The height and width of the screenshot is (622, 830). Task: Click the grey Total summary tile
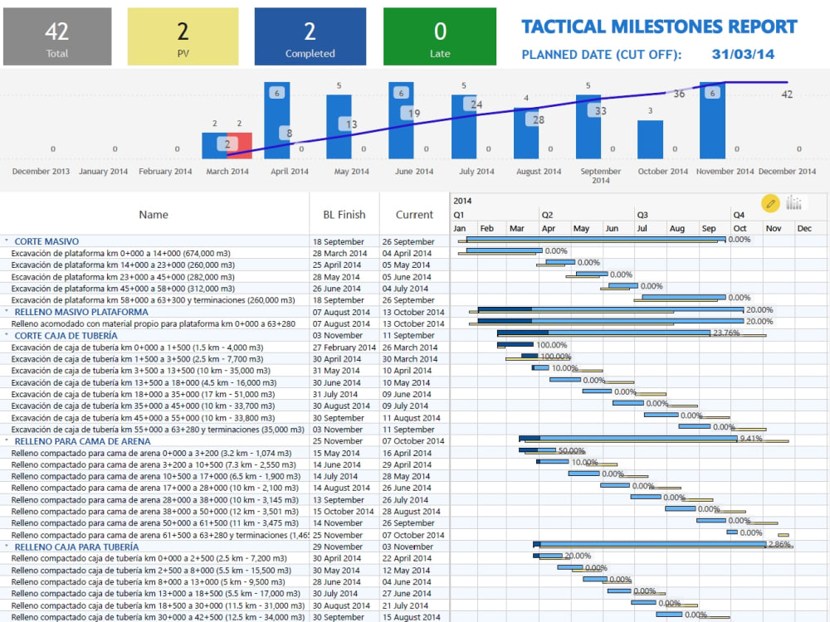point(57,36)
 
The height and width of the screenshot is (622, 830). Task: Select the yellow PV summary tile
point(183,36)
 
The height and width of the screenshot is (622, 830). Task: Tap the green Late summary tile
point(440,36)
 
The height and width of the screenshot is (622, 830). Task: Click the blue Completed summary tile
point(310,36)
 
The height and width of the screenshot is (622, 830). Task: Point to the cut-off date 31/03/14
point(743,55)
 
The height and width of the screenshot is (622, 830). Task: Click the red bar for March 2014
point(239,145)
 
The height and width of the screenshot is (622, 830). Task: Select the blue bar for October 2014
point(650,139)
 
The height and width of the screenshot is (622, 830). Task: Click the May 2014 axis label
point(351,172)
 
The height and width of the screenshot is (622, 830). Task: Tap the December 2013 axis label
point(41,172)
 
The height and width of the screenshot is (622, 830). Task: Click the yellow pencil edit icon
point(770,203)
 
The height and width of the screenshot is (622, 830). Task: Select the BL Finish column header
point(344,215)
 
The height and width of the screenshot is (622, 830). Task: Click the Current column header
point(414,215)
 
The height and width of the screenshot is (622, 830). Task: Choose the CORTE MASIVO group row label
point(46,241)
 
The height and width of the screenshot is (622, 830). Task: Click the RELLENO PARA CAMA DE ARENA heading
point(82,441)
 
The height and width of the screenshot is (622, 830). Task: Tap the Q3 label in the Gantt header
point(642,215)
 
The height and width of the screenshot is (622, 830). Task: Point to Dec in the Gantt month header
point(804,229)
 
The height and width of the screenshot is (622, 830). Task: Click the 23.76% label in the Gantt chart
point(726,333)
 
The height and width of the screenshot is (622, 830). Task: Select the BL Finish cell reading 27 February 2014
point(344,347)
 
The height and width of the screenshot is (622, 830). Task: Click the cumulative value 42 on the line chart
point(787,95)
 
